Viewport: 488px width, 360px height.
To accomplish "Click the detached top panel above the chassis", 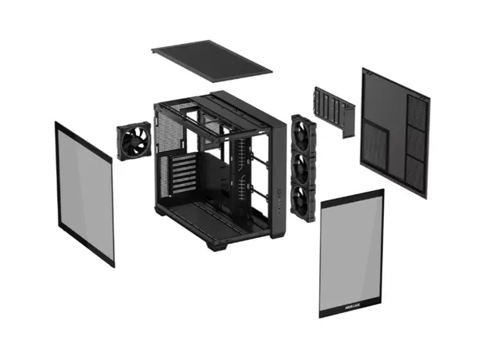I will pyautogui.click(x=211, y=60).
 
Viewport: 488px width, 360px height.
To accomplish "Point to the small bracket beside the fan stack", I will pyautogui.click(x=335, y=110).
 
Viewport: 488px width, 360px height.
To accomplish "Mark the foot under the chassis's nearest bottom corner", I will pyautogui.click(x=217, y=245).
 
